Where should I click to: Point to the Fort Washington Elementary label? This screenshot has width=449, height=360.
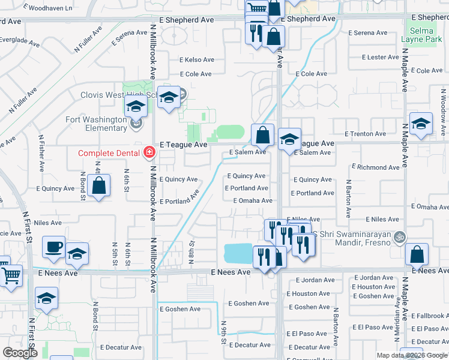[97, 124]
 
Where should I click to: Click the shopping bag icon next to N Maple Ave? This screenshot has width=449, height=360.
[417, 255]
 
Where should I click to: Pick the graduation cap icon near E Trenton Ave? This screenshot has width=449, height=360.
[421, 124]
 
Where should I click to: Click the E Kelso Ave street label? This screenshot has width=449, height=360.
[197, 60]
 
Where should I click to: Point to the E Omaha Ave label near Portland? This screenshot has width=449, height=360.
[253, 200]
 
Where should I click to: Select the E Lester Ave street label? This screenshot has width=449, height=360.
[380, 58]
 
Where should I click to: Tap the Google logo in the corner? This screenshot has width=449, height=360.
[20, 353]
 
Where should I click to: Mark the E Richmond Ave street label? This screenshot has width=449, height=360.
[375, 167]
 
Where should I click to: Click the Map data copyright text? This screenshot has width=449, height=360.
[411, 355]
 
